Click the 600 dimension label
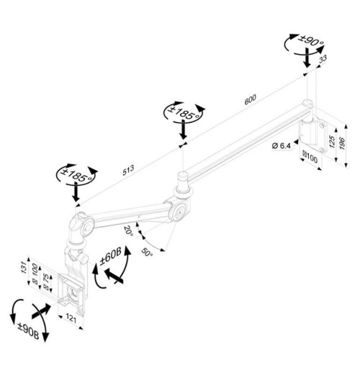251,99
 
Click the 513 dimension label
128,170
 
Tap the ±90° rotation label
311,41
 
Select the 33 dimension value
323,59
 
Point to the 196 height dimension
342,144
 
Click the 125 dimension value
332,141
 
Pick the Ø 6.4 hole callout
281,146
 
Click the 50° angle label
147,252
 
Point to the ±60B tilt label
110,256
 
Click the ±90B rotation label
28,331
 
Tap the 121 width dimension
71,319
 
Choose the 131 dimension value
24,267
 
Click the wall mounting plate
313,134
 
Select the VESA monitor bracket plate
72,293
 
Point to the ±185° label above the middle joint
184,112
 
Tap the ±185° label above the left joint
76,174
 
